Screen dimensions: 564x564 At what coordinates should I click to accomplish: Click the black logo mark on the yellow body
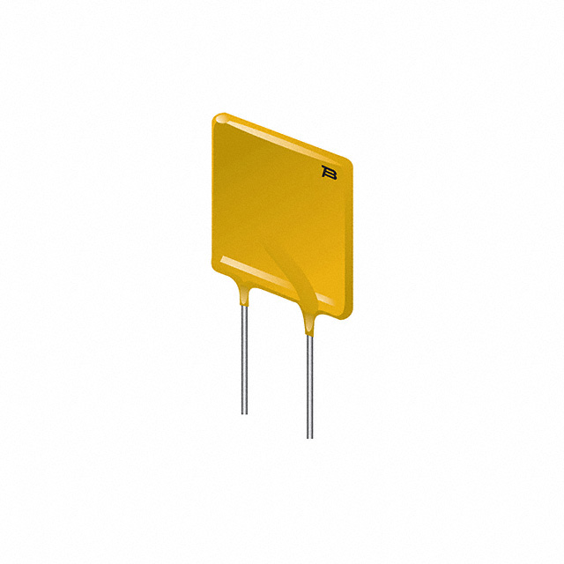[330, 173]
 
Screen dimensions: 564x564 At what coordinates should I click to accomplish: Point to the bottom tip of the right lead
[309, 437]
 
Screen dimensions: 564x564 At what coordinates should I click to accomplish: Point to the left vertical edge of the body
[213, 189]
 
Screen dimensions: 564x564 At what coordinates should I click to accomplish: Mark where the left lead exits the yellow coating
[244, 301]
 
